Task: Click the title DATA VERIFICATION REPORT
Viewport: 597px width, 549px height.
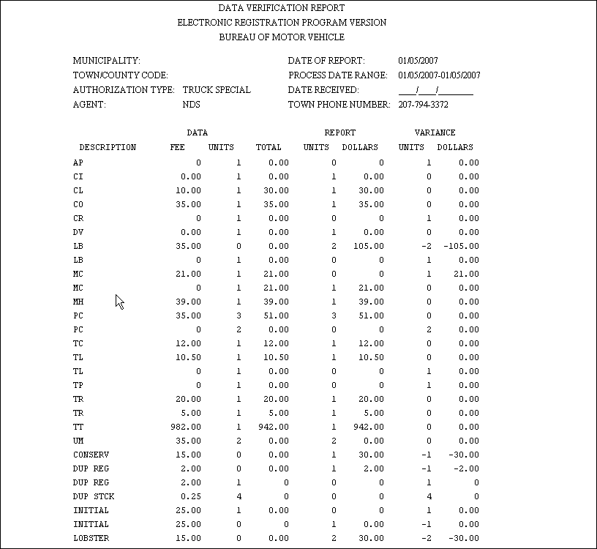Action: tap(282, 7)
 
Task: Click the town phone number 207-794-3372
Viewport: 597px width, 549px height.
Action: tap(424, 105)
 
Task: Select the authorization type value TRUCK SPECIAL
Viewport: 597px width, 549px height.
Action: tap(217, 90)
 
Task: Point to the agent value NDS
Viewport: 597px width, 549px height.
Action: tap(190, 105)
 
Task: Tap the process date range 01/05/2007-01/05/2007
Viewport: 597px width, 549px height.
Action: tap(439, 75)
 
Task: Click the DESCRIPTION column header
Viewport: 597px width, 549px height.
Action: tap(108, 147)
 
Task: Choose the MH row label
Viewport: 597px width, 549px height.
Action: tap(78, 302)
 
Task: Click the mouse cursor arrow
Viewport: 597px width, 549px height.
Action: tap(119, 300)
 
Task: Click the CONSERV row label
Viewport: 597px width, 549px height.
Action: tap(91, 455)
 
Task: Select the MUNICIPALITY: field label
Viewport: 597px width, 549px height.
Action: tap(107, 61)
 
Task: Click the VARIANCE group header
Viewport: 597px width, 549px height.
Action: tap(435, 133)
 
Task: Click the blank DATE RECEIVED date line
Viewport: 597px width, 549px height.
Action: tap(435, 91)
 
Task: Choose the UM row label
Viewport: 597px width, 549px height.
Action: tap(78, 441)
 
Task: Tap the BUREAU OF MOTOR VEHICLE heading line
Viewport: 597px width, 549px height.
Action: tap(282, 37)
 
